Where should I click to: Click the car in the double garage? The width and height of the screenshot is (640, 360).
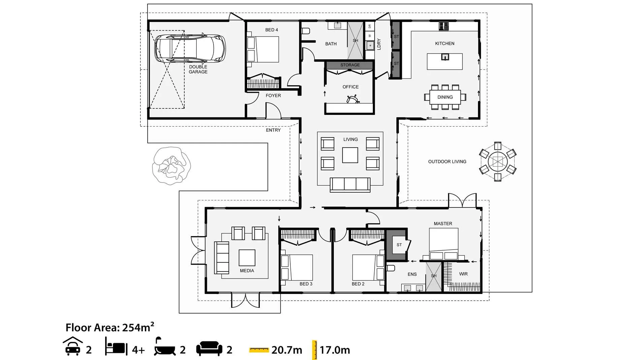(x=190, y=48)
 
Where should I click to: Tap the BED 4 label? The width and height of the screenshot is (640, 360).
(x=271, y=30)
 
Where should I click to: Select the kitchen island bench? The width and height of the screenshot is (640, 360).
(x=445, y=61)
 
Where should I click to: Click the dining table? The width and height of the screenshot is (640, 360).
(x=445, y=97)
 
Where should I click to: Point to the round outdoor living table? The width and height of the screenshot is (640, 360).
(x=498, y=162)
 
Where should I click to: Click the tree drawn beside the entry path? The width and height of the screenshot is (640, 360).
(x=171, y=166)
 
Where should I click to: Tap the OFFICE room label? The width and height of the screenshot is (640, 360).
(x=350, y=87)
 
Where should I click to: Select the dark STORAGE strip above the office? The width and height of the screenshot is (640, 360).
(x=350, y=65)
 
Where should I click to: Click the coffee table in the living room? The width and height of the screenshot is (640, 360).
(x=350, y=155)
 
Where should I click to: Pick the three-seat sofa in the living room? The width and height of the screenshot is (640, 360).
(x=350, y=185)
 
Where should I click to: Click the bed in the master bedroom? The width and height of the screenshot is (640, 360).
(x=443, y=244)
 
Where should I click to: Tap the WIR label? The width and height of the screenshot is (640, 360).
(x=463, y=274)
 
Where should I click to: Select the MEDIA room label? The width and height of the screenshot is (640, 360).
(x=247, y=271)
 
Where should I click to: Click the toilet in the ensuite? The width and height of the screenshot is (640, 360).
(x=390, y=268)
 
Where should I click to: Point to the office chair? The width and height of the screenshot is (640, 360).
(x=353, y=99)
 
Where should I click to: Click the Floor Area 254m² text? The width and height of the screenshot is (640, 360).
(x=110, y=327)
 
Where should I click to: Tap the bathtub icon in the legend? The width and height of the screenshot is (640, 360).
(x=165, y=347)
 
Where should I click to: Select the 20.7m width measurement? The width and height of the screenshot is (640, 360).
(x=287, y=350)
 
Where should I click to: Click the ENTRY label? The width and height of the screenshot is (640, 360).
(x=273, y=130)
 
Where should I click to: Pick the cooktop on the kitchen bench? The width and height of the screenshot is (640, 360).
(x=444, y=26)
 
